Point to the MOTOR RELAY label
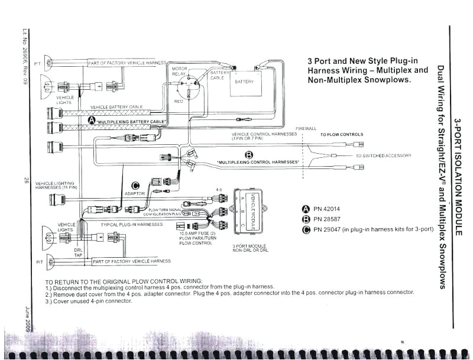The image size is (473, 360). [x=179, y=72]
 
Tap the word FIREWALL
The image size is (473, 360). [x=306, y=128]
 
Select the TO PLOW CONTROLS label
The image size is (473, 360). [x=342, y=134]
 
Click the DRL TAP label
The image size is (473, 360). [x=78, y=252]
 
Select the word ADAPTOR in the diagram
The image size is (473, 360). [x=135, y=193]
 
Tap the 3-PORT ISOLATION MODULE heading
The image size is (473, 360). [x=456, y=177]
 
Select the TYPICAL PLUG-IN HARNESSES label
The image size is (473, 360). [x=131, y=225]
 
